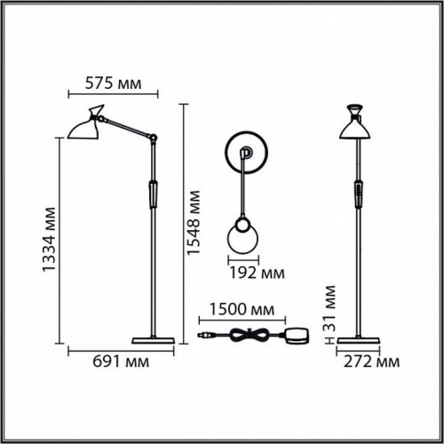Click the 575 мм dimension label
tap(112, 84)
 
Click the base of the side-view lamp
tap(155, 341)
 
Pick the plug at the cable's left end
tap(207, 336)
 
